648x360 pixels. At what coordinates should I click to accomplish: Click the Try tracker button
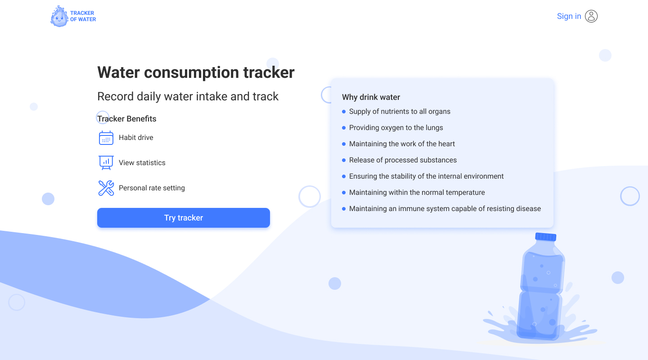pos(184,218)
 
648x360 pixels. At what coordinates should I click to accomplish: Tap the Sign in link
pos(569,16)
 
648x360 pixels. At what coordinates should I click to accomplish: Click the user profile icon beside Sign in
pos(591,16)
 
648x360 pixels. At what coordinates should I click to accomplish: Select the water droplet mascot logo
pos(59,16)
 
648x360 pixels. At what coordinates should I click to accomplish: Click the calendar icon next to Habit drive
pos(106,137)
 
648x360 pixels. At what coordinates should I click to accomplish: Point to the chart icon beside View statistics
pos(106,162)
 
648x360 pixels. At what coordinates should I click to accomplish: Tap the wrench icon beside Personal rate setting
pos(106,188)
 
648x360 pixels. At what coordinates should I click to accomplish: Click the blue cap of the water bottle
pos(545,237)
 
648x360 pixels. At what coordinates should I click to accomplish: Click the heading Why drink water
pos(371,97)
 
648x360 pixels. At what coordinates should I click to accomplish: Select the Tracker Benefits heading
pos(127,119)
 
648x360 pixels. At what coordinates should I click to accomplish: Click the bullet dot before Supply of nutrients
pos(344,112)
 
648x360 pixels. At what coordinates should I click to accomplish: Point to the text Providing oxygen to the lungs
pos(396,128)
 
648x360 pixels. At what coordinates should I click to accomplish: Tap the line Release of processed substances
pos(403,160)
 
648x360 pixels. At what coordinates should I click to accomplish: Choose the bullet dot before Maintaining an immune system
pos(344,209)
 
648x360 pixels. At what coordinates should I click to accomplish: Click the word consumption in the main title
pos(192,72)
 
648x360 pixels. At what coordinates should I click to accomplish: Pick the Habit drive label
pos(136,137)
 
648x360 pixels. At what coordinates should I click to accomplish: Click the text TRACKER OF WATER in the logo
pos(83,16)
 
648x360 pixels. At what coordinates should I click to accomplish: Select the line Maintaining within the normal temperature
pos(417,193)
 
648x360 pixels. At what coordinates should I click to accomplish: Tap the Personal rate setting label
pos(152,188)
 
